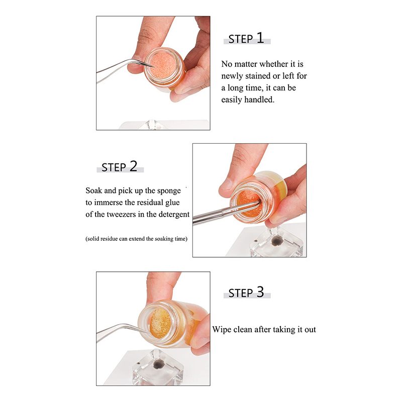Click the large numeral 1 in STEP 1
pyautogui.click(x=260, y=38)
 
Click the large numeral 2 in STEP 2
pyautogui.click(x=133, y=166)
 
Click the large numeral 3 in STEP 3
pyautogui.click(x=260, y=292)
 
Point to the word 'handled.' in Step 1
pyautogui.click(x=259, y=99)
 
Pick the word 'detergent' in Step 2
pyautogui.click(x=174, y=215)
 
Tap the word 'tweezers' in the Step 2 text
pyautogui.click(x=121, y=215)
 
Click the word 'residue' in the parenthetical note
pyautogui.click(x=109, y=239)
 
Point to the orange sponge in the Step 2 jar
pyautogui.click(x=248, y=203)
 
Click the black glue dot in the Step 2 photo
pyautogui.click(x=277, y=241)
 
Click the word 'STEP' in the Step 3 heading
pyautogui.click(x=241, y=293)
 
